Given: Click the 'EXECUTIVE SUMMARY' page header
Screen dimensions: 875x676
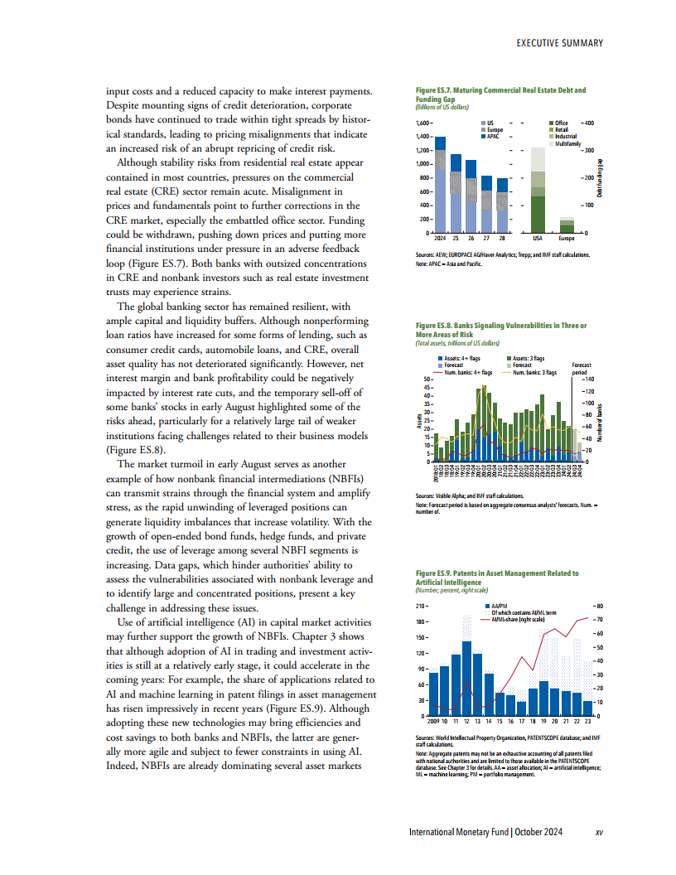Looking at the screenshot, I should (558, 43).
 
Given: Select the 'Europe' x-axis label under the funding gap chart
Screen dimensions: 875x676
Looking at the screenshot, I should (567, 238).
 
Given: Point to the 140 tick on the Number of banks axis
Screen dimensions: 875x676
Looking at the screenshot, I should (590, 379).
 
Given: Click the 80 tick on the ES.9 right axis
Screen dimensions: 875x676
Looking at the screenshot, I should (600, 607).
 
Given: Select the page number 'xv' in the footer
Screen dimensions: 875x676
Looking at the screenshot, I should (599, 832).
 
